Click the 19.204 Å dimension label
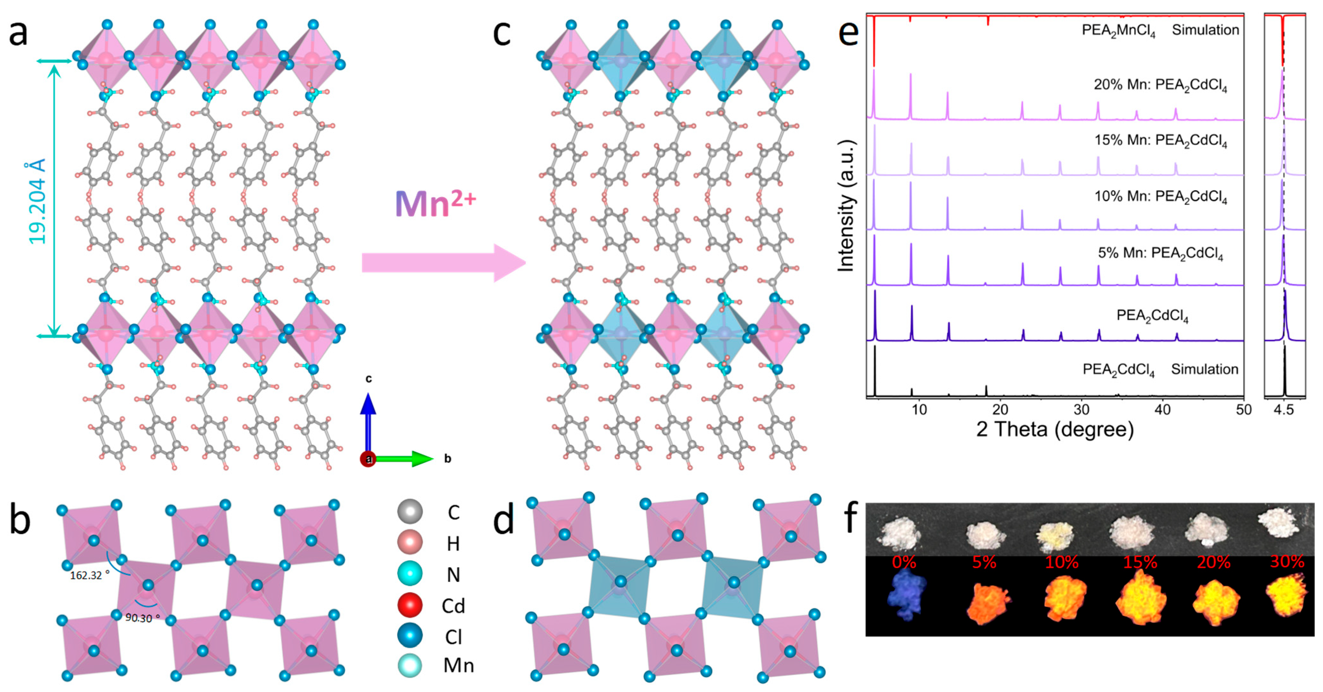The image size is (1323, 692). click(x=36, y=201)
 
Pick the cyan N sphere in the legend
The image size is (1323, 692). click(x=410, y=573)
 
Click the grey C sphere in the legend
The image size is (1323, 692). click(x=410, y=511)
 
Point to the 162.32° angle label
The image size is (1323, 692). click(x=89, y=576)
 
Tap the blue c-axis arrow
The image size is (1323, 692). click(x=368, y=421)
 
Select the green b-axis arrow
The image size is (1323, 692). click(x=406, y=458)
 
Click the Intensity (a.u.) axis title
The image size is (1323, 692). click(x=846, y=205)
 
